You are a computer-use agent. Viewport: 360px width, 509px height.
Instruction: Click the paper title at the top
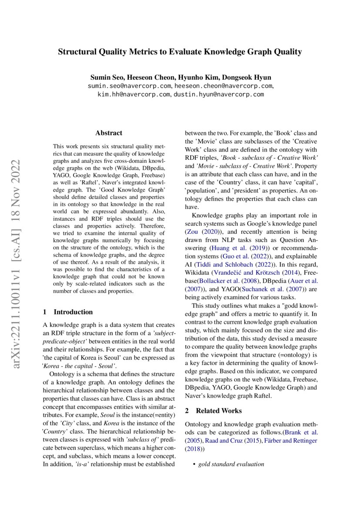pyautogui.click(x=180, y=52)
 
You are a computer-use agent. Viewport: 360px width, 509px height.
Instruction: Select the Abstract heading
pyautogui.click(x=109, y=133)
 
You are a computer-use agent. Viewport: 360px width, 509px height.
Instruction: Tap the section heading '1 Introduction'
pyautogui.click(x=68, y=312)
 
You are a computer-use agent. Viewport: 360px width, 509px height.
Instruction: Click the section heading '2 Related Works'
pyautogui.click(x=213, y=410)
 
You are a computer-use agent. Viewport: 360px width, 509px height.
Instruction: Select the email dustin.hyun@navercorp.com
pyautogui.click(x=219, y=94)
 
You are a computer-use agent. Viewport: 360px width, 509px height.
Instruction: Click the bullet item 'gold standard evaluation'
pyautogui.click(x=231, y=464)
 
